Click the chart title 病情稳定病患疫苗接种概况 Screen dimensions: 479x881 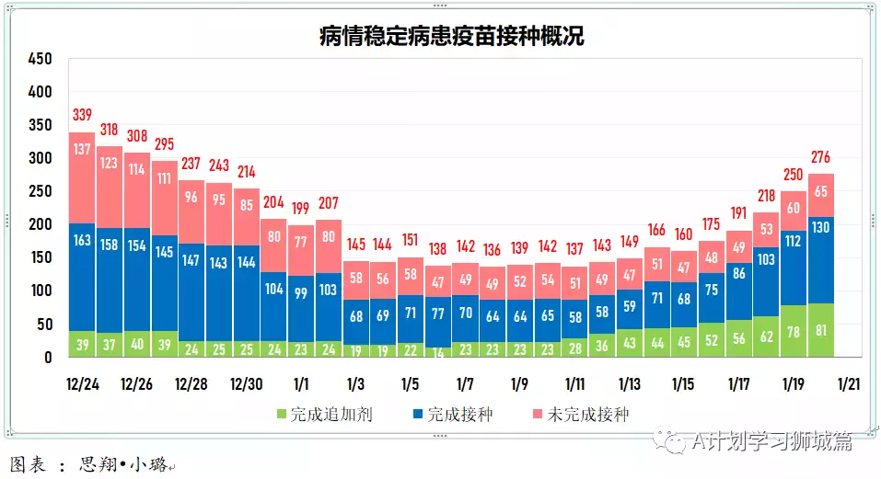tap(451, 36)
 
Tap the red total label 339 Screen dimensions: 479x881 tap(82, 115)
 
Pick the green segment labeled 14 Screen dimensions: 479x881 tap(438, 352)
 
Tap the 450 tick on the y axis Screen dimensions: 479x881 tap(40, 59)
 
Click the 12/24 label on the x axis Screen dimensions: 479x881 tap(82, 383)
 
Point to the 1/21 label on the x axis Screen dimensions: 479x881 tap(849, 383)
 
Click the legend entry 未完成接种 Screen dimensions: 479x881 tap(579, 415)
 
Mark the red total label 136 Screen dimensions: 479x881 tap(493, 249)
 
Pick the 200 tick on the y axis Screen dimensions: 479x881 tap(40, 224)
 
